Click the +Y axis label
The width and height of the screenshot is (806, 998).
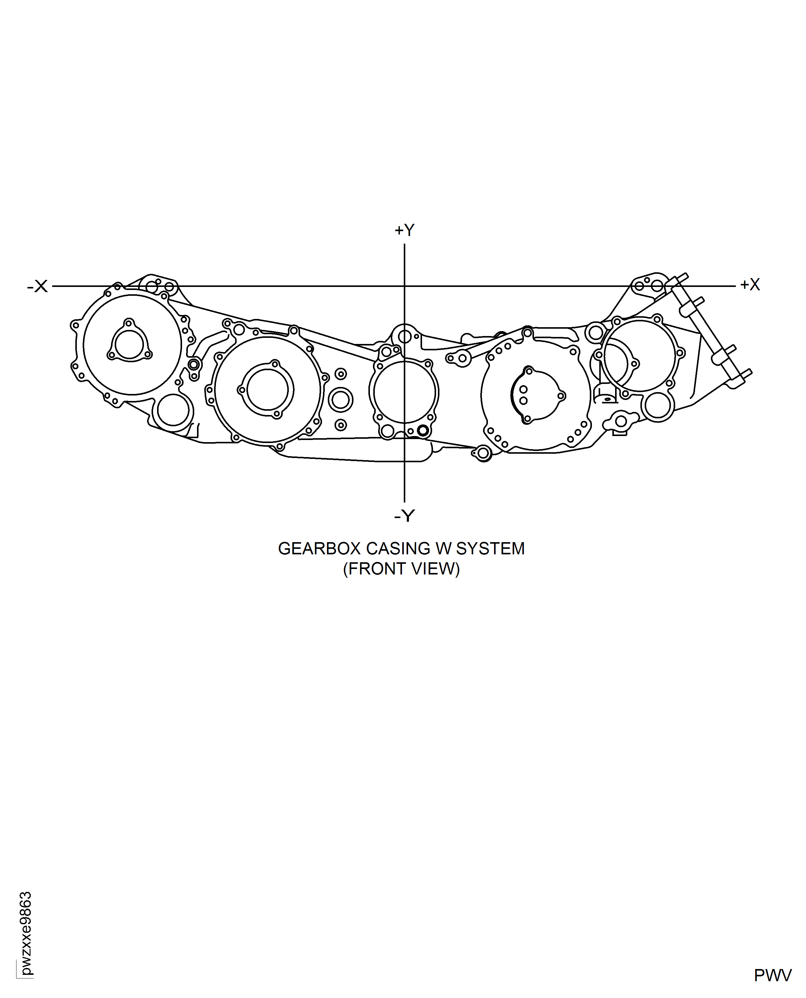(x=404, y=230)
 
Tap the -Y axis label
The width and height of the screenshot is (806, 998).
(x=404, y=516)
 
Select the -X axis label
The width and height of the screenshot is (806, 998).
(x=38, y=286)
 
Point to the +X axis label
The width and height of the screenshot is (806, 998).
(x=750, y=284)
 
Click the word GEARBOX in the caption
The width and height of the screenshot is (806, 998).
(x=319, y=549)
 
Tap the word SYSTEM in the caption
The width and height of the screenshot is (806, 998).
(x=490, y=549)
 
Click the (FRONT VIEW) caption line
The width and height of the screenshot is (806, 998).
(x=401, y=569)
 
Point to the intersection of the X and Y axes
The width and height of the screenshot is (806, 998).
(x=404, y=286)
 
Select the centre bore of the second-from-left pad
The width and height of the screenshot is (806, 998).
(x=267, y=390)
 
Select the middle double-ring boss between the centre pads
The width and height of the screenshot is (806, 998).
(x=340, y=400)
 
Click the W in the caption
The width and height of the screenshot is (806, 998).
(x=443, y=549)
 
